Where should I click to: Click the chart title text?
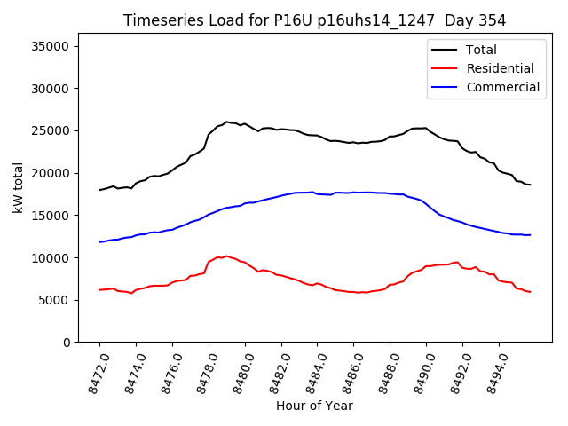coord(301,20)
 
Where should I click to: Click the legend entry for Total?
coord(480,50)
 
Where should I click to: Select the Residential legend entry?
coord(500,68)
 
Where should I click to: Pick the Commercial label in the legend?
coord(502,87)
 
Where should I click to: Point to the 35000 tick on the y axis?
coord(55,46)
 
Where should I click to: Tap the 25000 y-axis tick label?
coord(55,130)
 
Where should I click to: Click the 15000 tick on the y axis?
coord(55,216)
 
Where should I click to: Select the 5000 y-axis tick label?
coord(59,300)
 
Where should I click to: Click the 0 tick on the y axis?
coord(67,343)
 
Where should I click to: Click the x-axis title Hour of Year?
coord(314,406)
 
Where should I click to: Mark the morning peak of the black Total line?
coord(227,122)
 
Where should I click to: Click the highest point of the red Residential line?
coord(226,256)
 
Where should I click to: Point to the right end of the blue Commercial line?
coord(530,235)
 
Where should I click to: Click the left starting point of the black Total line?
coord(99,190)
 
